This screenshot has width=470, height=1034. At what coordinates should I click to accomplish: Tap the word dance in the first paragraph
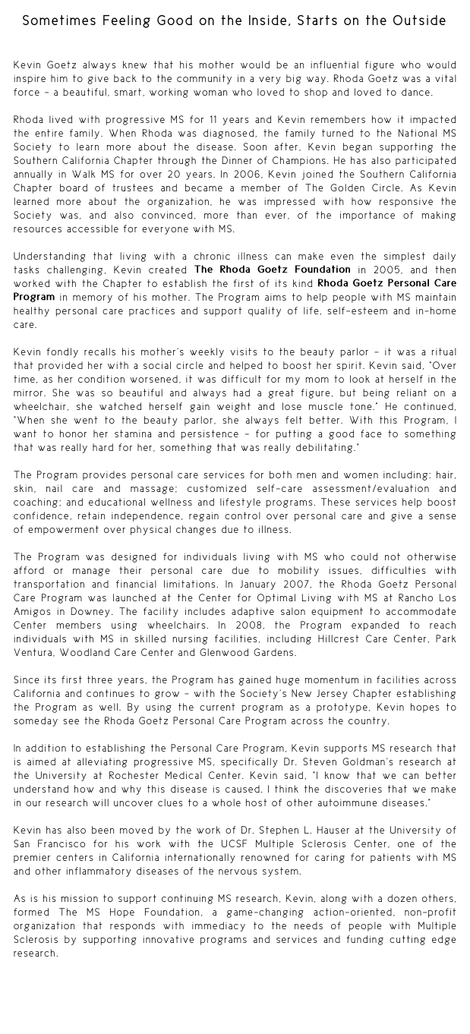click(x=414, y=93)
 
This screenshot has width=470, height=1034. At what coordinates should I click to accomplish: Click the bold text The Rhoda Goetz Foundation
click(x=272, y=270)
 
